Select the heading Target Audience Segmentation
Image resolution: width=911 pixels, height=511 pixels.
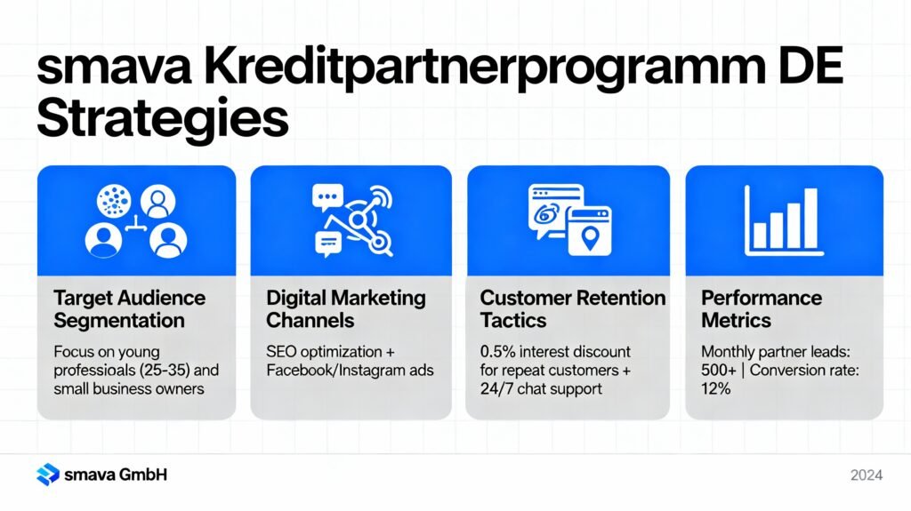click(129, 308)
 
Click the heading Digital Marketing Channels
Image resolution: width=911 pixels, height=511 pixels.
click(346, 308)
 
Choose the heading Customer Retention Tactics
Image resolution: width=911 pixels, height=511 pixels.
click(572, 308)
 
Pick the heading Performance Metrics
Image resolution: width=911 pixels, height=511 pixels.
click(761, 308)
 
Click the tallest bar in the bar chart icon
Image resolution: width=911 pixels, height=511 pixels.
click(810, 219)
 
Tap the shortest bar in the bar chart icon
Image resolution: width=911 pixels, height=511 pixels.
click(760, 236)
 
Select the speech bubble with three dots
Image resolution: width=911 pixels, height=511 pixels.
click(327, 196)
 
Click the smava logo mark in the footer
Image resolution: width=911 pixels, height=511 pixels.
click(47, 475)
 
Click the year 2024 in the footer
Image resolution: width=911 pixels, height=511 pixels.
click(866, 475)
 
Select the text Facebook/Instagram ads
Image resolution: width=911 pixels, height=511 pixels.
click(350, 369)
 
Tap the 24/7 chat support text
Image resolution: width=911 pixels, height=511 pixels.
click(539, 388)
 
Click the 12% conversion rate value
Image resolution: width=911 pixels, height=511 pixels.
click(716, 388)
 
